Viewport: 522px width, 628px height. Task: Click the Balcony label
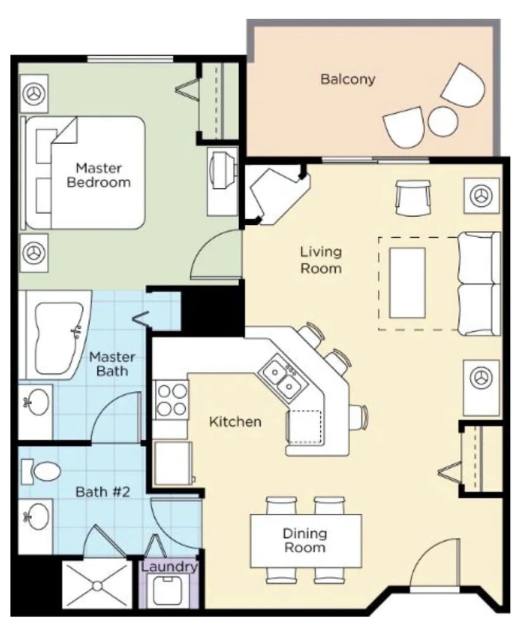point(347,79)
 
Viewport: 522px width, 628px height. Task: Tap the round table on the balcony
point(443,121)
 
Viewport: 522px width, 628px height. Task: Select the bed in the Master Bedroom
point(84,173)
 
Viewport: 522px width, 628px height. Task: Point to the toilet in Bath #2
point(43,471)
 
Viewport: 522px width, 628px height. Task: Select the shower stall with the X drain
point(97,585)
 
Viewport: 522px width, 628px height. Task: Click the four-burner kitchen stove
point(171,400)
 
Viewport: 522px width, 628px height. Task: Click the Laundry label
point(169,567)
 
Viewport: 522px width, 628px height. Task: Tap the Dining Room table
point(306,540)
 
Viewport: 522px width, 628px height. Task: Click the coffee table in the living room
point(407,282)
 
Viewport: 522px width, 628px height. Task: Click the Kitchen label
point(235,422)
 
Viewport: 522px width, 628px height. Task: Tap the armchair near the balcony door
point(413,198)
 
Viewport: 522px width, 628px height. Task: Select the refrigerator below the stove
point(173,463)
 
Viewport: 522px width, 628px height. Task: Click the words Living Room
point(321,260)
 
